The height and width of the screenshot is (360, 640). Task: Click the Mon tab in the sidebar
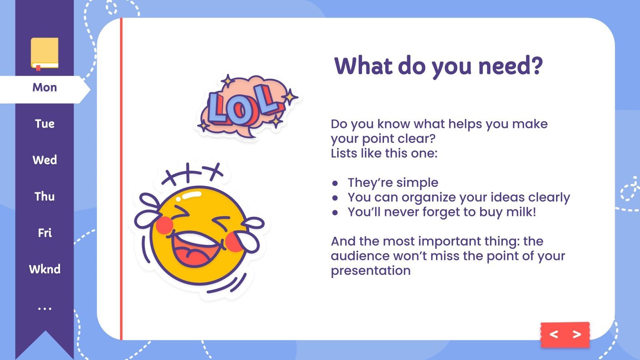(x=44, y=88)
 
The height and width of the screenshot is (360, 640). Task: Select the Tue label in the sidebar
(x=44, y=124)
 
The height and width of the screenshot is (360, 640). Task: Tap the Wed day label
(x=44, y=160)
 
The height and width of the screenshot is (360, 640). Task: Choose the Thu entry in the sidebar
(x=44, y=197)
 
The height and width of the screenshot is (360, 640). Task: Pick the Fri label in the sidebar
(x=45, y=233)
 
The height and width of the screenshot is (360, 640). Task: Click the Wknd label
(x=44, y=269)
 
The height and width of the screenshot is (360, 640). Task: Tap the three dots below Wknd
(x=44, y=309)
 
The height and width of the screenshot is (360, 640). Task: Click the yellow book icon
(x=44, y=53)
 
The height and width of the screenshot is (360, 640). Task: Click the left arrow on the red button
(x=554, y=334)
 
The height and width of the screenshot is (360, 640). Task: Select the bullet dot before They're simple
(x=335, y=183)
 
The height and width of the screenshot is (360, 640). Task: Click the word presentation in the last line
(x=370, y=271)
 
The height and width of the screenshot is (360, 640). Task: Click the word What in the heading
(x=363, y=66)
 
